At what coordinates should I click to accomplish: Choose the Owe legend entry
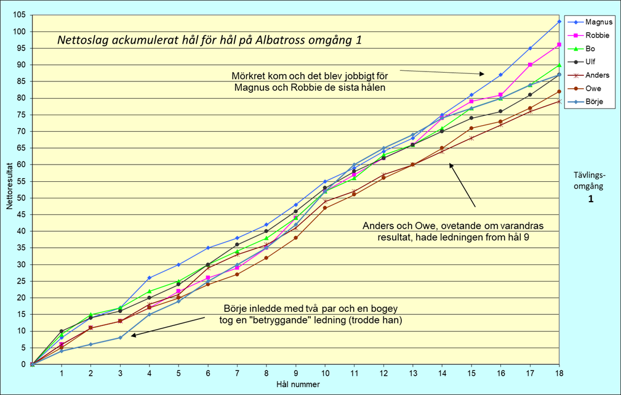(x=593, y=89)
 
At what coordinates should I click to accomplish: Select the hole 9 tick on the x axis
(x=296, y=373)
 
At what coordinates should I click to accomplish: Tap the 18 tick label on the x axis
(x=559, y=373)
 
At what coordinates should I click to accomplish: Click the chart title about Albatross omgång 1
(x=209, y=41)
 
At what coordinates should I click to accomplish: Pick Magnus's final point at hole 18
(x=559, y=22)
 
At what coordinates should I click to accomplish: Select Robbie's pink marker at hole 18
(x=559, y=45)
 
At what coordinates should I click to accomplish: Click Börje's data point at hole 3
(x=120, y=338)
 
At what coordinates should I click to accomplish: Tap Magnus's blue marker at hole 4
(x=150, y=278)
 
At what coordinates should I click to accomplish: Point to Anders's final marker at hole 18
(x=559, y=101)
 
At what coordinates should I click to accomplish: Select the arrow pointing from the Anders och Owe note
(x=462, y=184)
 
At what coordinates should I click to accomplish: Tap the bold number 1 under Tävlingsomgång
(x=590, y=199)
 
